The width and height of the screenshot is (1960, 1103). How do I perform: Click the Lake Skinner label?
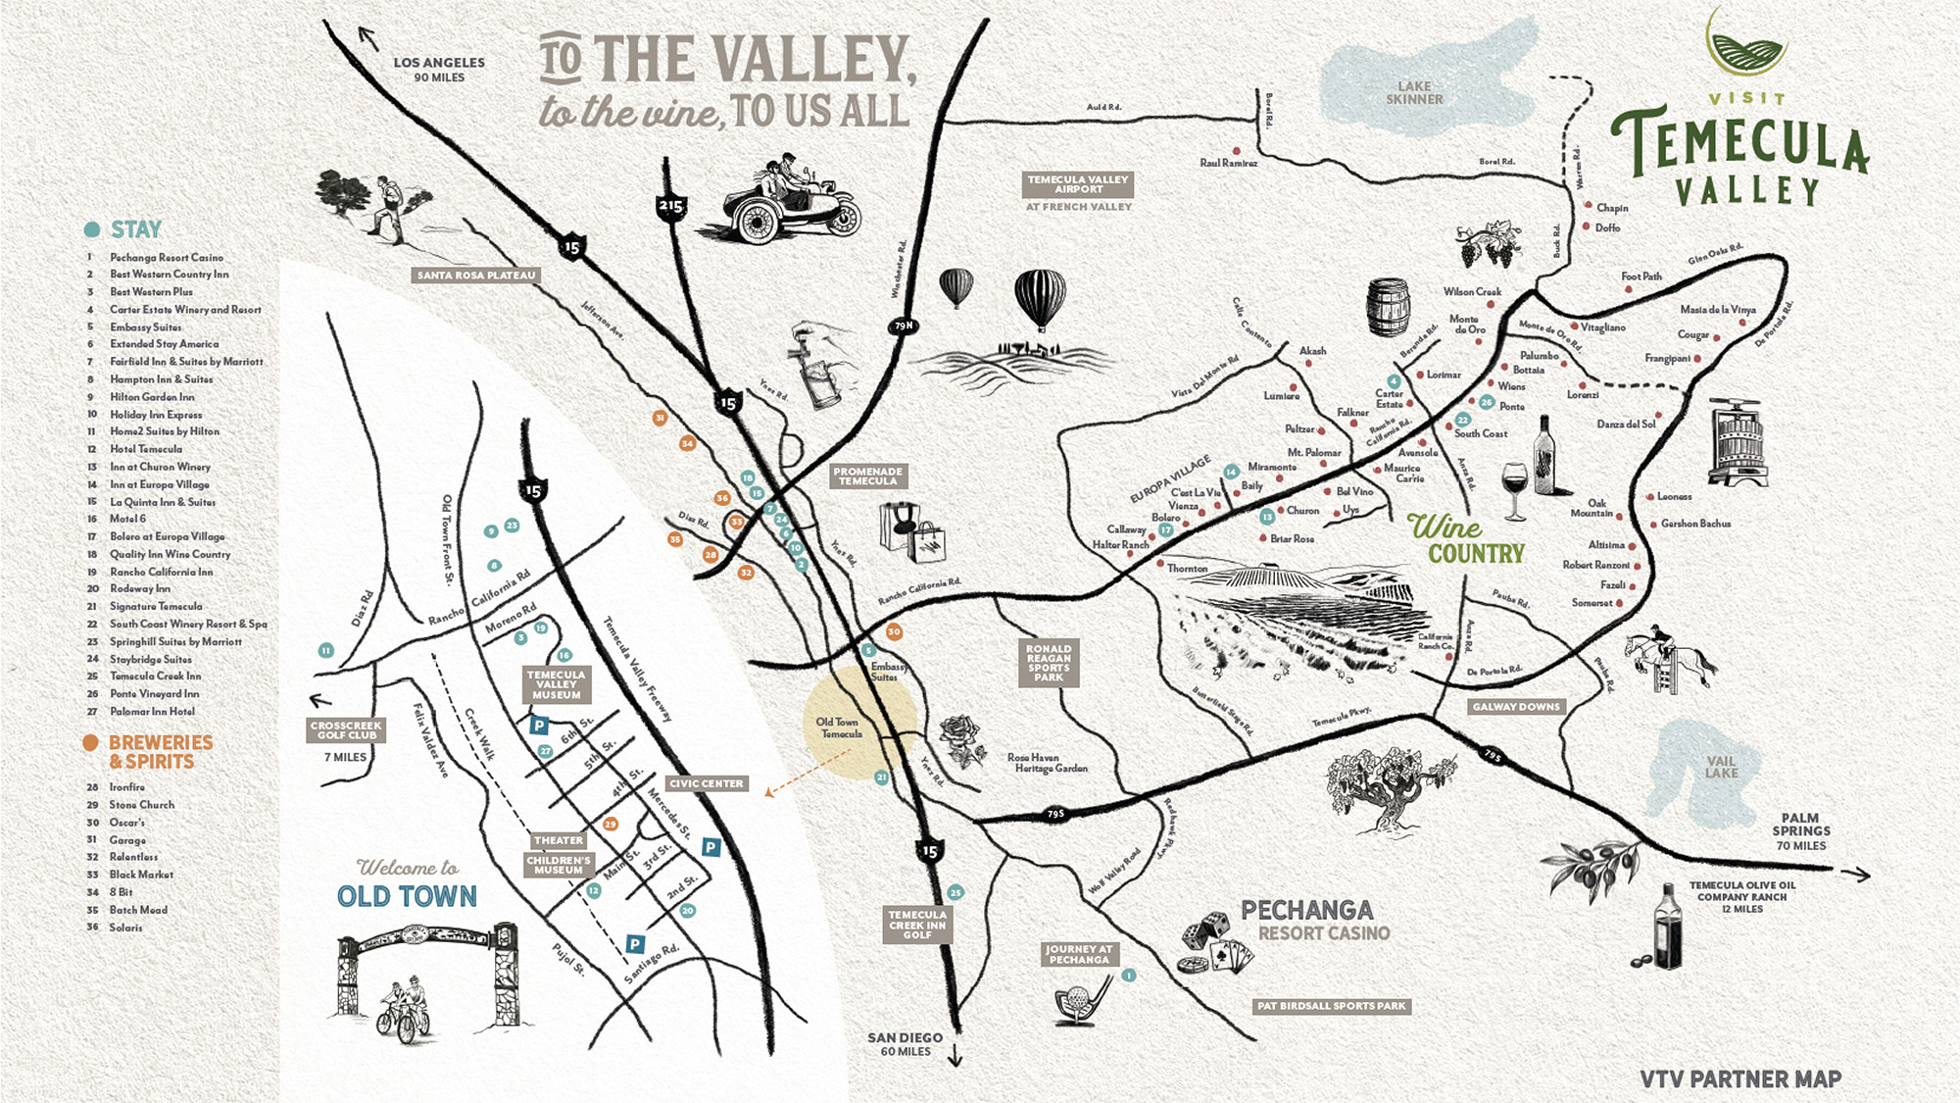tap(1414, 93)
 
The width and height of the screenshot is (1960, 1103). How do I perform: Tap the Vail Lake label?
tap(1721, 767)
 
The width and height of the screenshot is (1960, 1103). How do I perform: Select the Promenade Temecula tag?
tap(867, 476)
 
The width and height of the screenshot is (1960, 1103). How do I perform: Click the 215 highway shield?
tap(671, 207)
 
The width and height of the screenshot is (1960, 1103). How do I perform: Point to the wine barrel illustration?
tap(1388, 307)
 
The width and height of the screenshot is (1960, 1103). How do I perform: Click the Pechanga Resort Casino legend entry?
tap(166, 257)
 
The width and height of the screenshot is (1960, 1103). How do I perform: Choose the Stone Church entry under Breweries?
tap(141, 805)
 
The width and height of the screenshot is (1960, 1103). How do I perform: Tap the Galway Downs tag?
tap(1516, 706)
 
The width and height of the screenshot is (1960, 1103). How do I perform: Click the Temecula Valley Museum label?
tap(556, 684)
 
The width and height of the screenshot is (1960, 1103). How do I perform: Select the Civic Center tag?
tap(707, 783)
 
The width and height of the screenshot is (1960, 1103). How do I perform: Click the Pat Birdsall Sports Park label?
tap(1331, 1006)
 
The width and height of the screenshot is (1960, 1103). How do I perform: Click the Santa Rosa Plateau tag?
tap(476, 276)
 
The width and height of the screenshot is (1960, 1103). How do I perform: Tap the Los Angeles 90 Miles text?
tap(439, 69)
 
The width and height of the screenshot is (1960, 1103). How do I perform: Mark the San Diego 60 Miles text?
tap(905, 1043)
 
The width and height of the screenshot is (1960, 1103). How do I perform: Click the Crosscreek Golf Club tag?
tap(346, 729)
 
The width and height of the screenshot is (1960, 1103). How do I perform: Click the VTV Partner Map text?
tap(1740, 1079)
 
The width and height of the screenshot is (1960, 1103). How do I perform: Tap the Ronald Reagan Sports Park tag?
tap(1048, 663)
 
